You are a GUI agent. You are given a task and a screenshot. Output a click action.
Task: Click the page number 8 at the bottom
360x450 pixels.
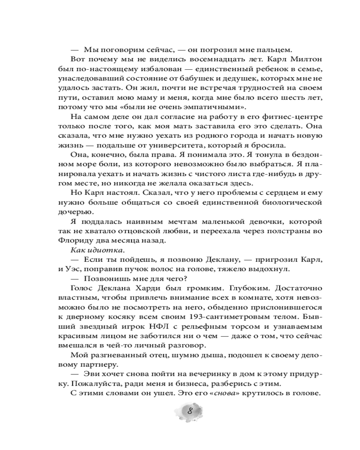pyautogui.click(x=190, y=411)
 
